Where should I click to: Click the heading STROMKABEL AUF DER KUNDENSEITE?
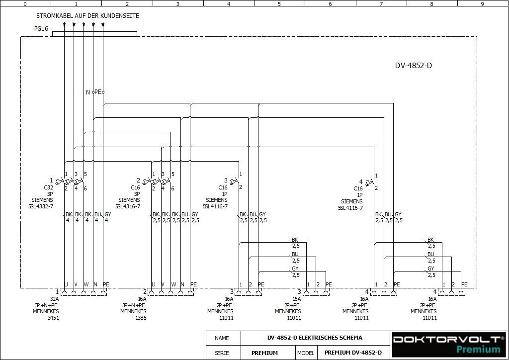point(87,16)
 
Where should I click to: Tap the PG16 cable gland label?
point(41,29)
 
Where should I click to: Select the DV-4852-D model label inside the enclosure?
point(413,66)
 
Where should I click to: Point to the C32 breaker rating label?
point(48,188)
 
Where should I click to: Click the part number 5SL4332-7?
point(41,206)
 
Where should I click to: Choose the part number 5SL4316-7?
point(128,206)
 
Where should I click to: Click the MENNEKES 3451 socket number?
point(53,318)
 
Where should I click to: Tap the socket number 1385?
point(141,318)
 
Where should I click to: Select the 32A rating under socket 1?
point(54,299)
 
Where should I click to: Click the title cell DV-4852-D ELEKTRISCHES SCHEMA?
point(315,338)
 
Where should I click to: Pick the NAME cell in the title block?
point(222,338)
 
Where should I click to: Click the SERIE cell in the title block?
point(222,353)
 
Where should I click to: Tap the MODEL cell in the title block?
point(306,353)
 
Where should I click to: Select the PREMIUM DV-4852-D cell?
point(353,353)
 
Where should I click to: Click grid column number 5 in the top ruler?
point(279,3)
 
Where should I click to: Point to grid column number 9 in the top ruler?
point(482,3)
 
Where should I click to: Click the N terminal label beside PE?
point(88,92)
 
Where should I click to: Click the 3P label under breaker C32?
point(50,194)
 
